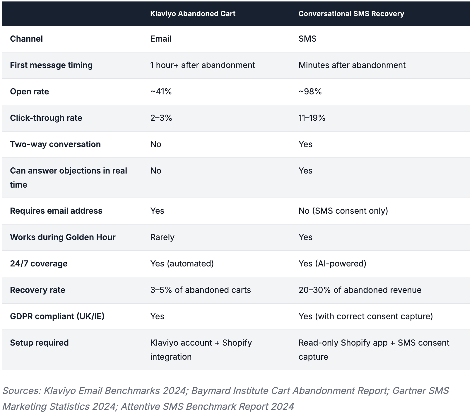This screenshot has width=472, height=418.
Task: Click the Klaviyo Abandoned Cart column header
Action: [x=193, y=14]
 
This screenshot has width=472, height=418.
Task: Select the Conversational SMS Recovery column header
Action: [x=351, y=14]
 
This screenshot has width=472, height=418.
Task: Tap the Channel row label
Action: [x=26, y=39]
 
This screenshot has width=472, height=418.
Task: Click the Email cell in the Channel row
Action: [x=160, y=39]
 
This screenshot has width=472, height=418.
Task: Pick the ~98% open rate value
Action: [x=310, y=91]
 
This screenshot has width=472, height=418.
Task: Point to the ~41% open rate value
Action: [x=161, y=91]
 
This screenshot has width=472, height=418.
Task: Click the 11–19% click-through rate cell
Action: [x=312, y=118]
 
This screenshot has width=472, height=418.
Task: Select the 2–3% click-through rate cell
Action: [x=161, y=118]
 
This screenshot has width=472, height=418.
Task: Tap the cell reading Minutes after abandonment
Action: [x=352, y=65]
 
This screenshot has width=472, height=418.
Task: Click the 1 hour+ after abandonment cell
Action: [x=203, y=65]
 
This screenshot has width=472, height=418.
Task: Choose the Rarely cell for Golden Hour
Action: [x=162, y=237]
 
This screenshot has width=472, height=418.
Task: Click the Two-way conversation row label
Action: [x=55, y=144]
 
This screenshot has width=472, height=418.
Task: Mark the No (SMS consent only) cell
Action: [x=343, y=211]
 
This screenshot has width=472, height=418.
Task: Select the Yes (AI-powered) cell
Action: [x=332, y=264]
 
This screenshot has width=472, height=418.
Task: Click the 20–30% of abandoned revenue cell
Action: [x=360, y=290]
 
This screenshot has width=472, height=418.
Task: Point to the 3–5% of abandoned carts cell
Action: [x=201, y=290]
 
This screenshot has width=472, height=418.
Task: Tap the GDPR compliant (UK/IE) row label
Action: [x=57, y=316]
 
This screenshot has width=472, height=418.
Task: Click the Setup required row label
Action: [x=39, y=343]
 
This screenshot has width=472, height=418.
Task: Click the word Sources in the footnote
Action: [x=22, y=391]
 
